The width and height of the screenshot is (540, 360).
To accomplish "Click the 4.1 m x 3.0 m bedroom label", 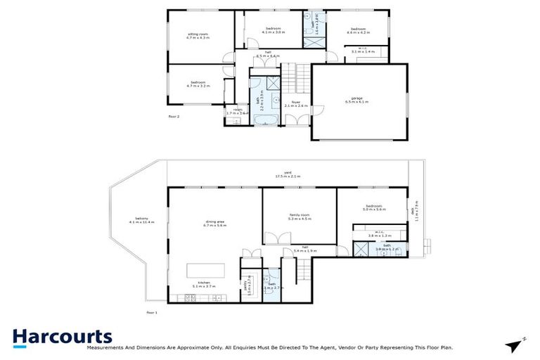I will pos(273,30).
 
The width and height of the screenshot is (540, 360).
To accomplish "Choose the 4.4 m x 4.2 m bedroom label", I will pos(357,31).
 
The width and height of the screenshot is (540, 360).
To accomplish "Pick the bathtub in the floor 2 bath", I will pos(265,122).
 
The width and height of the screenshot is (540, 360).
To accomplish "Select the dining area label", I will pos(214,224).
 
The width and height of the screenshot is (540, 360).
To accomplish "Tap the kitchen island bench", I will pos(205,271).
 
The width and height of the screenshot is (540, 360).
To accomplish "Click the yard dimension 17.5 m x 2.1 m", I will pos(288,175).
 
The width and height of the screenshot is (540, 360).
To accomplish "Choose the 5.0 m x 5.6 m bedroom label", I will pos(375,207).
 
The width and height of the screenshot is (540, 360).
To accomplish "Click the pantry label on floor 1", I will pos(247,288).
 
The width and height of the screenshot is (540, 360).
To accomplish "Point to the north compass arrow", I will pos(515,344).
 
